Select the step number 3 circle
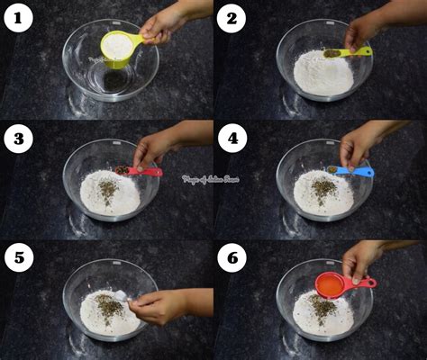(x=17, y=139)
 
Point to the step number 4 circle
(x=232, y=139)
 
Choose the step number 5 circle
(x=17, y=259)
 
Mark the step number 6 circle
(x=232, y=259)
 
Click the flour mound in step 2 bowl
(x=323, y=74)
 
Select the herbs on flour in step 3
(x=107, y=189)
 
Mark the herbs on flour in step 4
(x=323, y=188)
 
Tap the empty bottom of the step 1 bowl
(x=113, y=81)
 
